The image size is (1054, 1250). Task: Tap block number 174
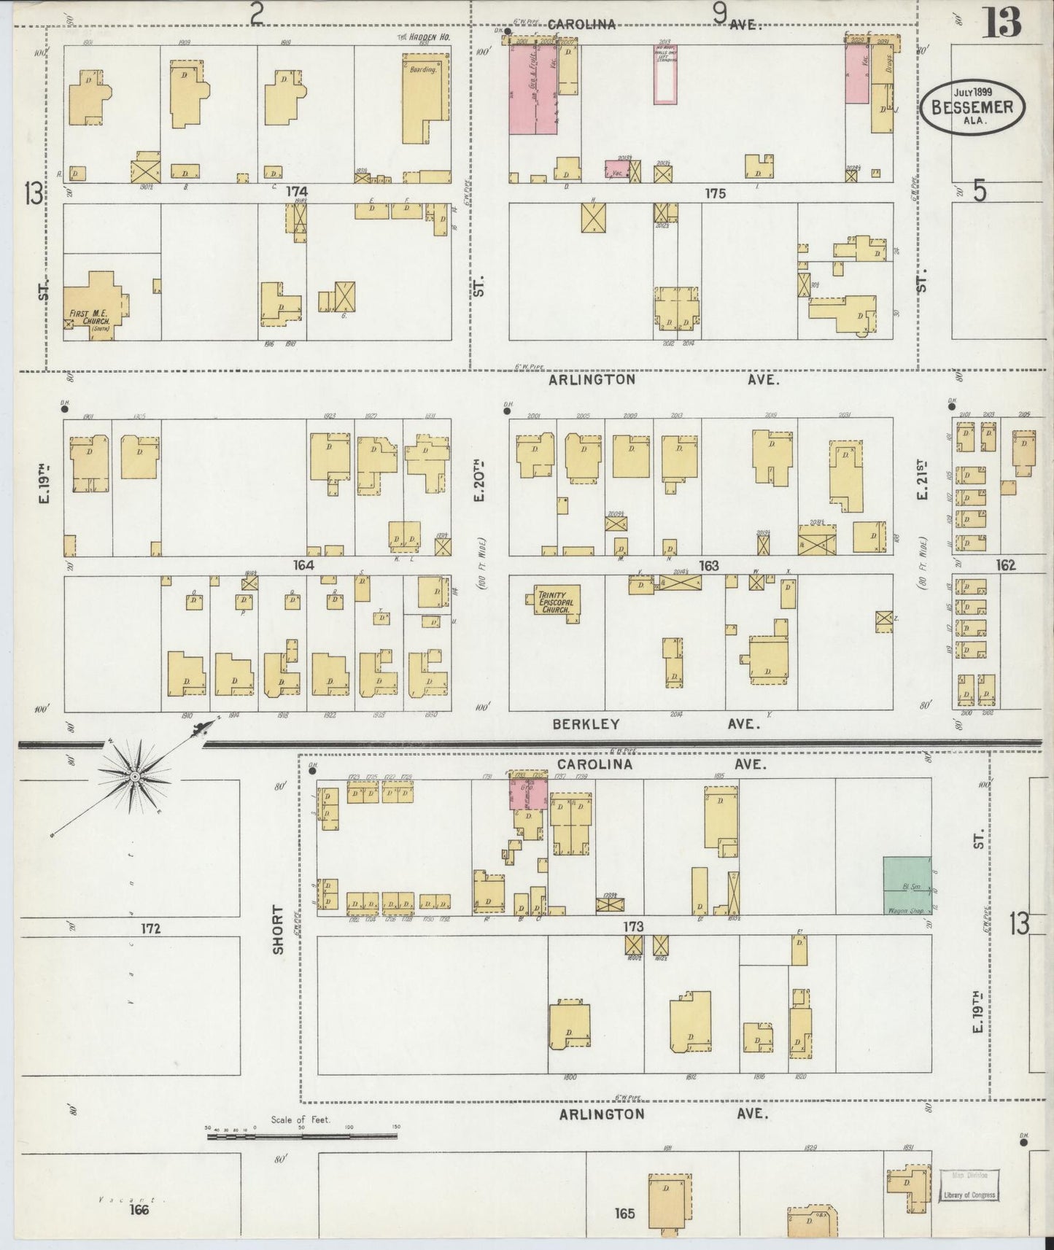[x=297, y=192]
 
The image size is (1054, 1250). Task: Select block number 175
[x=716, y=193]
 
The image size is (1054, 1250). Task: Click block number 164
[x=303, y=565]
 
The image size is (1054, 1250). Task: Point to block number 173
[x=632, y=926]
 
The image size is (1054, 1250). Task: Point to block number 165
[x=625, y=1214]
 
